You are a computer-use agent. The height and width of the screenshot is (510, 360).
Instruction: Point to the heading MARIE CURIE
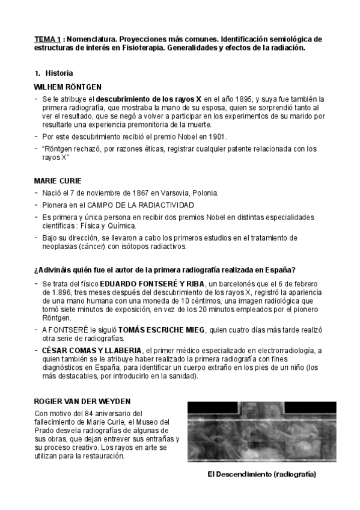(x=58, y=180)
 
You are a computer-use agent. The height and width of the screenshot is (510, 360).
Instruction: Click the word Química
(x=121, y=226)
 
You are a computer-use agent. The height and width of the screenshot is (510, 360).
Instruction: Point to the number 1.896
(x=53, y=294)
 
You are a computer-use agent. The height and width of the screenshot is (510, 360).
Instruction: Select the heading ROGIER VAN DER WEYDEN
(x=82, y=401)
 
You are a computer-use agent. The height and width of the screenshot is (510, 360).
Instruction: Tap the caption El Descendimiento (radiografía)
(x=261, y=475)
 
